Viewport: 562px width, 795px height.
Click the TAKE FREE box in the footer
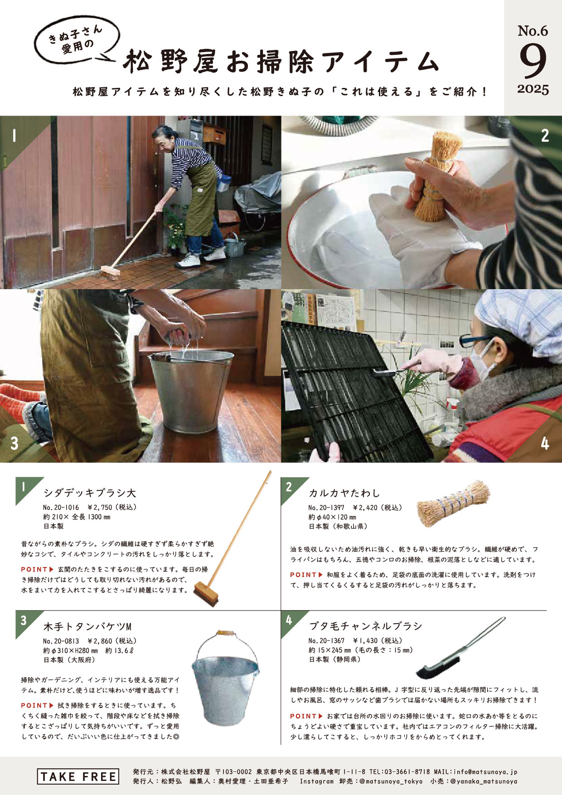coord(78,776)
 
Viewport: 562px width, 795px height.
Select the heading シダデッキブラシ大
coord(90,493)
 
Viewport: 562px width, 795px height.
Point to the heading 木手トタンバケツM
coord(87,627)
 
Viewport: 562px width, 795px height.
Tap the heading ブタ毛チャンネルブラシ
coord(365,626)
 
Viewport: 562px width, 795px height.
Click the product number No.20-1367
coord(326,641)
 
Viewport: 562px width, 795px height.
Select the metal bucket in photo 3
coord(190,390)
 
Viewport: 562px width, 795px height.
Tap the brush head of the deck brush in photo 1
coord(111,272)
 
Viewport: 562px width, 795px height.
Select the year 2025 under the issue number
coord(533,89)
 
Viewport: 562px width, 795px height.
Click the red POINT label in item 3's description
coord(34,705)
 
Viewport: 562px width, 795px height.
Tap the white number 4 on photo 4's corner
coord(545,443)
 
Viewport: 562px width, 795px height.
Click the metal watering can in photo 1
coord(235,246)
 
